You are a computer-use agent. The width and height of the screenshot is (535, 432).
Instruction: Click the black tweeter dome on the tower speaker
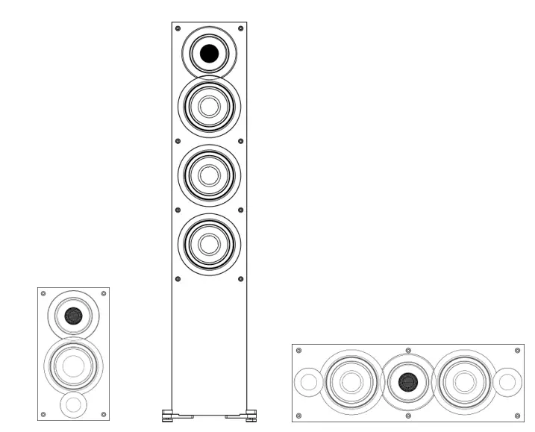pyautogui.click(x=209, y=53)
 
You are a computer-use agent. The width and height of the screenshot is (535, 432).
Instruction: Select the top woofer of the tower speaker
pyautogui.click(x=209, y=107)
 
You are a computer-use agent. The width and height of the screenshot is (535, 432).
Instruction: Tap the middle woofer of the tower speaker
pyautogui.click(x=209, y=175)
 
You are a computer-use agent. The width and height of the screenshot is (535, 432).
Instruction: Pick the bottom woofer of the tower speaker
pyautogui.click(x=209, y=244)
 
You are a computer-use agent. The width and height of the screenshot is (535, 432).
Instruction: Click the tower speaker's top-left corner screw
pyautogui.click(x=178, y=28)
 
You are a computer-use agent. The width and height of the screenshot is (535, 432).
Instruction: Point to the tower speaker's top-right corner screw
pyautogui.click(x=240, y=28)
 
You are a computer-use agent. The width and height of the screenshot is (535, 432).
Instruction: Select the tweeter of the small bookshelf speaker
pyautogui.click(x=73, y=316)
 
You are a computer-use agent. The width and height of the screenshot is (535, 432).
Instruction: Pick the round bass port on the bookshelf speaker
pyautogui.click(x=73, y=404)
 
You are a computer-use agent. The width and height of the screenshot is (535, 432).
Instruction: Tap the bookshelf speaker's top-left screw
pyautogui.click(x=43, y=293)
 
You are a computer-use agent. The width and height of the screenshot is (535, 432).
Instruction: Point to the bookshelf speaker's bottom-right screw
pyautogui.click(x=104, y=414)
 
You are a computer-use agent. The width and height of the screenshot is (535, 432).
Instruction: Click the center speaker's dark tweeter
pyautogui.click(x=407, y=382)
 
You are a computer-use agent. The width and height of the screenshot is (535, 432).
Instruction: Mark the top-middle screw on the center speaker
pyautogui.click(x=407, y=349)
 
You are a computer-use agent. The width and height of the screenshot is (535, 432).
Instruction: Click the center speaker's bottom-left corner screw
pyautogui.click(x=298, y=415)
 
